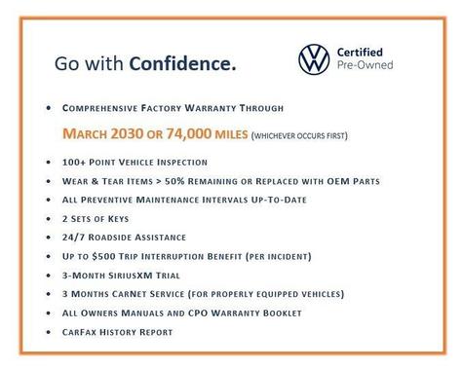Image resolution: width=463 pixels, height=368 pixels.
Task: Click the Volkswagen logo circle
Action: pos(317,60)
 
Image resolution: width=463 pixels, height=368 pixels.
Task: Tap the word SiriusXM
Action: pos(137,275)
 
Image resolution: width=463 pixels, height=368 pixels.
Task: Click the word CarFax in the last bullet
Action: pos(80,332)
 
